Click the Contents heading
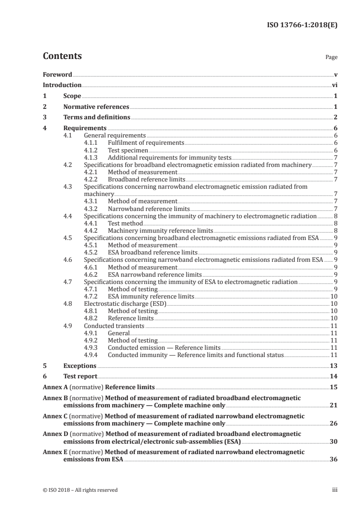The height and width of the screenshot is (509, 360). pyautogui.click(x=62, y=56)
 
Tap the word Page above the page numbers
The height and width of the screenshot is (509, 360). pyautogui.click(x=331, y=58)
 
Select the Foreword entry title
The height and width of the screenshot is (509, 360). pyautogui.click(x=57, y=74)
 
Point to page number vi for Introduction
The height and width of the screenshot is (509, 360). pyautogui.click(x=334, y=85)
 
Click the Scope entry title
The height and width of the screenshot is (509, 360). pyautogui.click(x=72, y=96)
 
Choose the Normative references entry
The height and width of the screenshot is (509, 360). pyautogui.click(x=96, y=107)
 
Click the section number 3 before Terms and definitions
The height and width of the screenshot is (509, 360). pyautogui.click(x=44, y=117)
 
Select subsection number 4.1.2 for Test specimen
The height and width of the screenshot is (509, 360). pyautogui.click(x=92, y=150)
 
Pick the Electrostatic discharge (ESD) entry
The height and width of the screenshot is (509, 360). pyautogui.click(x=125, y=303)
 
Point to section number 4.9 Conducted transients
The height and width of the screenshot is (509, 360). pyautogui.click(x=68, y=325)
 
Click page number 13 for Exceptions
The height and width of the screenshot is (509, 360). pyautogui.click(x=333, y=366)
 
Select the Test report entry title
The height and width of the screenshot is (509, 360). pyautogui.click(x=80, y=377)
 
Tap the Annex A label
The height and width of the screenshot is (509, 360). pyautogui.click(x=54, y=387)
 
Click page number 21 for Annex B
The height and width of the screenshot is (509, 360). pyautogui.click(x=333, y=405)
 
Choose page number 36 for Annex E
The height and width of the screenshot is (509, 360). pyautogui.click(x=333, y=459)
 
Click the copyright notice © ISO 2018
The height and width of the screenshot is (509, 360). pyautogui.click(x=80, y=490)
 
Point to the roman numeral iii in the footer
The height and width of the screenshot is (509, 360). pyautogui.click(x=335, y=490)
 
